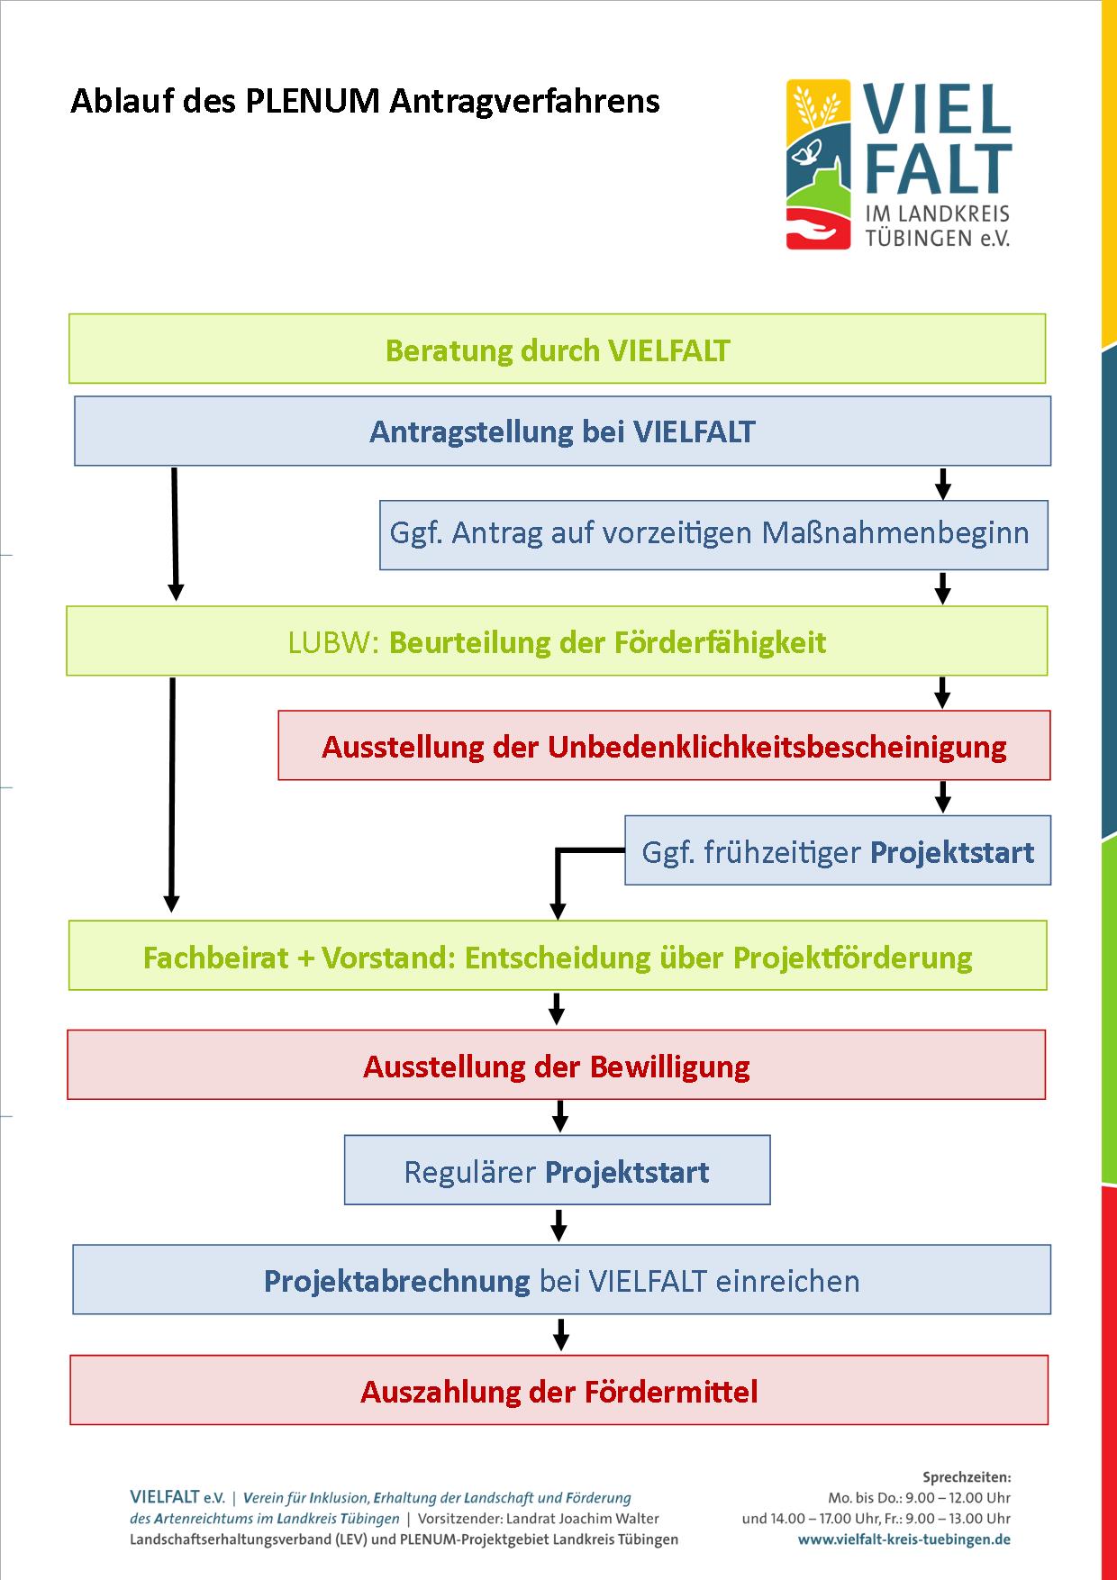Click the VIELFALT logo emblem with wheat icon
[x=818, y=164]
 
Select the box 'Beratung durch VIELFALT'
[x=557, y=349]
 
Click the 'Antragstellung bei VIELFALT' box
[x=562, y=431]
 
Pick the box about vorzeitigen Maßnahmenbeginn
[x=713, y=535]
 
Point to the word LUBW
[x=329, y=642]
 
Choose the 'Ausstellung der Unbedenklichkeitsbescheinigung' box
[x=664, y=745]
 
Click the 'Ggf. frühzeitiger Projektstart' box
[x=838, y=850]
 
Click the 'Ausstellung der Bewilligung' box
[x=556, y=1065]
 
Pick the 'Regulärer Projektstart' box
[x=557, y=1170]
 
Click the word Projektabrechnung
[x=396, y=1281]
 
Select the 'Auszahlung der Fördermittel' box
[x=558, y=1390]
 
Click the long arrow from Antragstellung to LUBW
[x=175, y=533]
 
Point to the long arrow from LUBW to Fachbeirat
[x=171, y=795]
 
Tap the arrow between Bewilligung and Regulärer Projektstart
[x=559, y=1116]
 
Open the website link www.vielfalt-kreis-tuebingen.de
[x=904, y=1539]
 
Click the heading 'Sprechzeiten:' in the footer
[x=967, y=1477]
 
